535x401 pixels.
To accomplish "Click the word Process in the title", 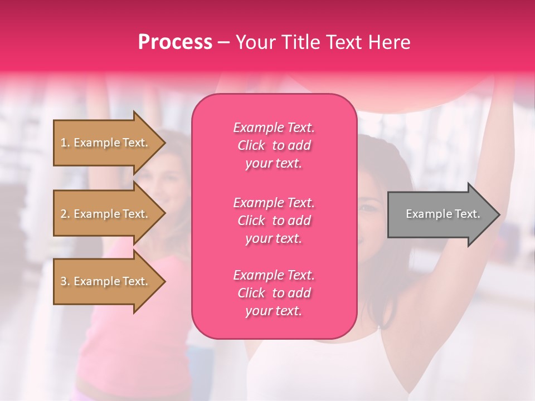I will [x=175, y=42].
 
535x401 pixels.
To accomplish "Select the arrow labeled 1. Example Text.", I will [x=106, y=143].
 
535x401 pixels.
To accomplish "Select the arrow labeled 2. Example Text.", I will [x=106, y=214].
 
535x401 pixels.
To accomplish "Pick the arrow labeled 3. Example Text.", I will [x=106, y=281].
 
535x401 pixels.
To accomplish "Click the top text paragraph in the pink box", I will [x=274, y=145].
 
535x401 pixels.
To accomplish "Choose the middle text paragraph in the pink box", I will [x=274, y=221].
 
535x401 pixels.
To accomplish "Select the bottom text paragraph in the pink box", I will [x=274, y=293].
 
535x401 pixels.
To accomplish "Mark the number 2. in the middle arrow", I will [x=65, y=214].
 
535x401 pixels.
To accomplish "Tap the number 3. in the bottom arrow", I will [x=65, y=281].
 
